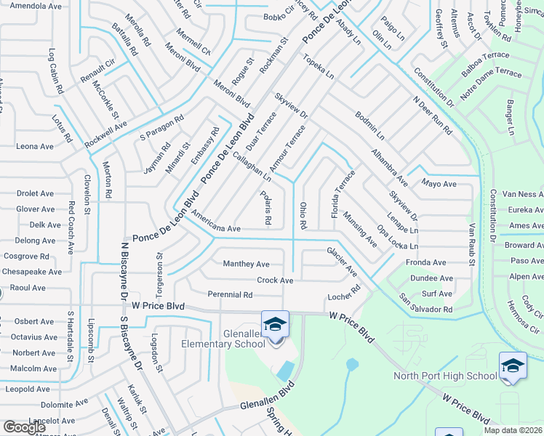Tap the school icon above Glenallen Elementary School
[x=275, y=324]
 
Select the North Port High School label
[x=445, y=376]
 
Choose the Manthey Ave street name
[x=246, y=264]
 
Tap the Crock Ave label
[x=275, y=280]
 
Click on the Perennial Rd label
[x=230, y=295]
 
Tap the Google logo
[x=24, y=427]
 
